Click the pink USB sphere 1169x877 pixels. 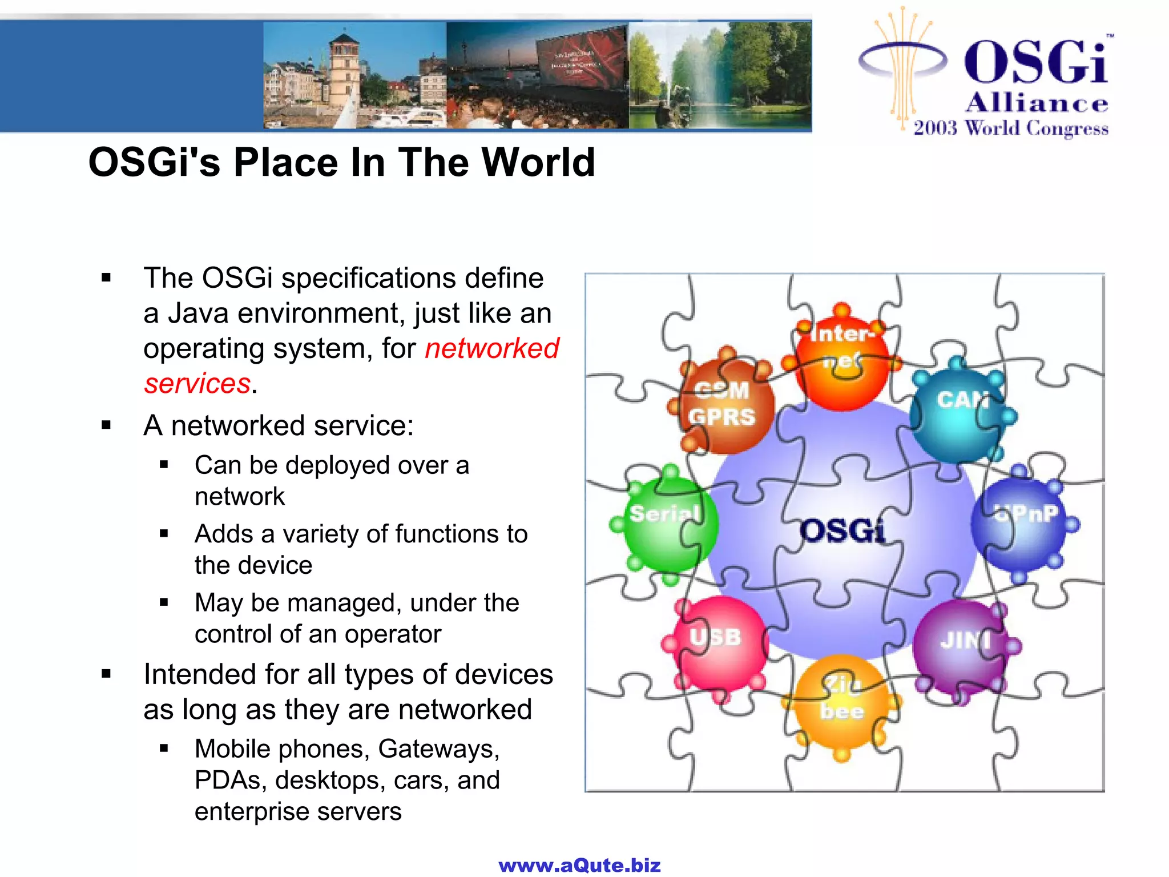click(717, 643)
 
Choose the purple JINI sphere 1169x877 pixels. click(961, 645)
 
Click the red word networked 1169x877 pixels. click(492, 348)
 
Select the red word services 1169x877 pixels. click(197, 384)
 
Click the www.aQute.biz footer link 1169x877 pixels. click(579, 865)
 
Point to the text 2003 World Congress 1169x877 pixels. click(1010, 128)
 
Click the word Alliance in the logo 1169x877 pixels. click(1037, 103)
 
